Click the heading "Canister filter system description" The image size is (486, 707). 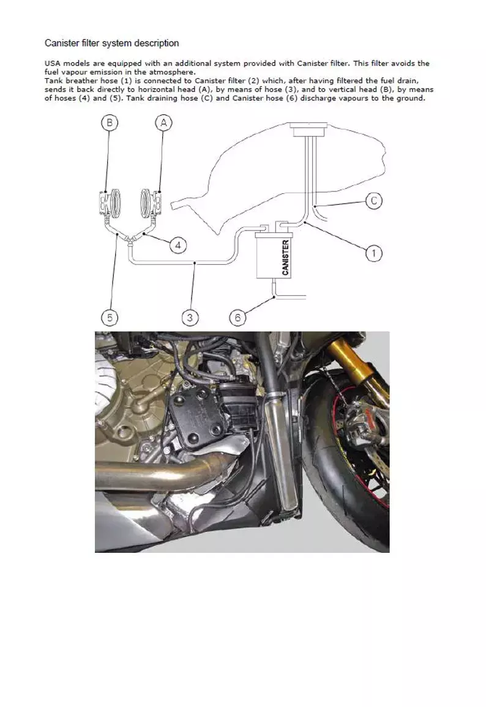coord(111,43)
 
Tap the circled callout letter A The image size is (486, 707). coord(163,124)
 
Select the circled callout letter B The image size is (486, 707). coord(109,124)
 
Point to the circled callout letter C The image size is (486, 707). coord(374,201)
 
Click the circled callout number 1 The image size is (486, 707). coord(373,253)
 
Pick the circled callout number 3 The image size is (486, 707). coord(190,317)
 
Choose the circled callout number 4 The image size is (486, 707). coord(178,246)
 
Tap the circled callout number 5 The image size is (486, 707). coord(109,317)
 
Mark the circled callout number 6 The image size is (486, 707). coord(238,317)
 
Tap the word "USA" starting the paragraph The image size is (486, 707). coord(53,63)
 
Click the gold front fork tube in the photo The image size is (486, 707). coord(346,361)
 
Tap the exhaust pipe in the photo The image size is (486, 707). coord(135,473)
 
